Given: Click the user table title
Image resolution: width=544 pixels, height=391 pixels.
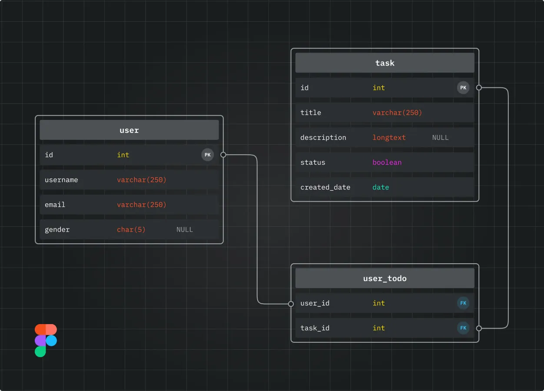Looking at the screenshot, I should point(129,130).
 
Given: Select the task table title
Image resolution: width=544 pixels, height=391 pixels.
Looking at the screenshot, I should point(385,63).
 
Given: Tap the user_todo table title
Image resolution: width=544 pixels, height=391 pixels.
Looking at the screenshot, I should point(385,278).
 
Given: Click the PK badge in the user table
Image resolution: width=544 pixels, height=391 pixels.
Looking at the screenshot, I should point(208,155).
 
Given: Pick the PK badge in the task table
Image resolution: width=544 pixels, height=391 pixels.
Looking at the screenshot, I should point(463,88).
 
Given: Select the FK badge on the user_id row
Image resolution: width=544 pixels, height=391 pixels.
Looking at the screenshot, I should point(463,303).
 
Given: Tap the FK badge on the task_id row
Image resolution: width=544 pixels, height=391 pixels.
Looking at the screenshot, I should point(463,328).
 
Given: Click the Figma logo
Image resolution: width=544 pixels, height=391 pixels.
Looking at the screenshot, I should point(46,341).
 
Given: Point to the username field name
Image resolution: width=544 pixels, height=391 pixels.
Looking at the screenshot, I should point(61,180).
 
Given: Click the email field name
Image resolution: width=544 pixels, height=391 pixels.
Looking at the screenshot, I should point(55,205).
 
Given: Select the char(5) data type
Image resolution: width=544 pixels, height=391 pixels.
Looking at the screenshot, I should point(131,229).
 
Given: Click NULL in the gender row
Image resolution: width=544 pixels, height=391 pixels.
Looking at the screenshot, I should point(185,229).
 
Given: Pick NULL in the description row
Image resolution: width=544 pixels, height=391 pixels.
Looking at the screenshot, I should point(440,137).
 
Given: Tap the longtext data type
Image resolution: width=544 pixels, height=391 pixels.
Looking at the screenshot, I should point(389,137).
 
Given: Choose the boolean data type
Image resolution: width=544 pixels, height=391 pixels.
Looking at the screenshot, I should point(387,162).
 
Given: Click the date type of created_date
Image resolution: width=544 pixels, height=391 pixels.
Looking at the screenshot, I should point(381,187).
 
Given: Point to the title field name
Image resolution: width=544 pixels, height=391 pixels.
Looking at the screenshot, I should point(311,113).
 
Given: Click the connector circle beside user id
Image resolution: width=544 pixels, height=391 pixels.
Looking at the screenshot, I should point(223,155).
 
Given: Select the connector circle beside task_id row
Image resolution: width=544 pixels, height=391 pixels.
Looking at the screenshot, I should point(479,328).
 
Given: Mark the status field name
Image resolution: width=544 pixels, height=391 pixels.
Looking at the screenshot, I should point(313,162).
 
